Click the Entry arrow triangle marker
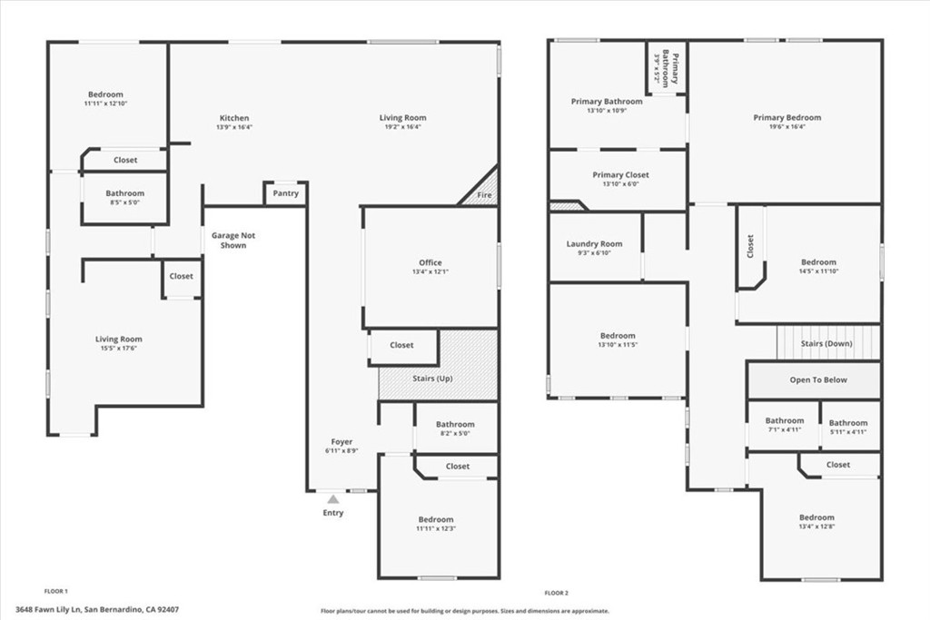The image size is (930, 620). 333,498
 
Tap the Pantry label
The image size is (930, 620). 285,192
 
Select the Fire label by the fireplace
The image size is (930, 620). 485,195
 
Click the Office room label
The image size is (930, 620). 430,263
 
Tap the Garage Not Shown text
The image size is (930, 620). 233,241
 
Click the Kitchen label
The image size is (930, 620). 234,118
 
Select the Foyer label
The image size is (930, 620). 341,442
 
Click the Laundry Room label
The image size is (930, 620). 595,243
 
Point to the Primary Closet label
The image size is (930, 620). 621,175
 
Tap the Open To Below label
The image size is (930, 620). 817,379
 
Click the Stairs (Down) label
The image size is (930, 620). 826,344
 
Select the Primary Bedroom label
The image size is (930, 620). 787,117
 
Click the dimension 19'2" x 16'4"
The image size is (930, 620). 402,127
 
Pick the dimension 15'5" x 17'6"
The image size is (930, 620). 119,349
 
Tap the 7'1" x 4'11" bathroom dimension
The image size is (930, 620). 784,430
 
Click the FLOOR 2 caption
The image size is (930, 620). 556,592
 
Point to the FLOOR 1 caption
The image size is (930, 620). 56,591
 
